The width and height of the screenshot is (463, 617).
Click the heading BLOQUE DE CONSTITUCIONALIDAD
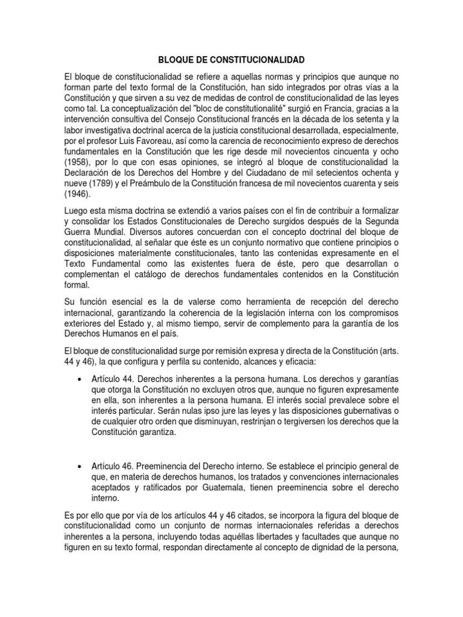(231, 60)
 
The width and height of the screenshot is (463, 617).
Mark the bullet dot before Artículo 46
(81, 466)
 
